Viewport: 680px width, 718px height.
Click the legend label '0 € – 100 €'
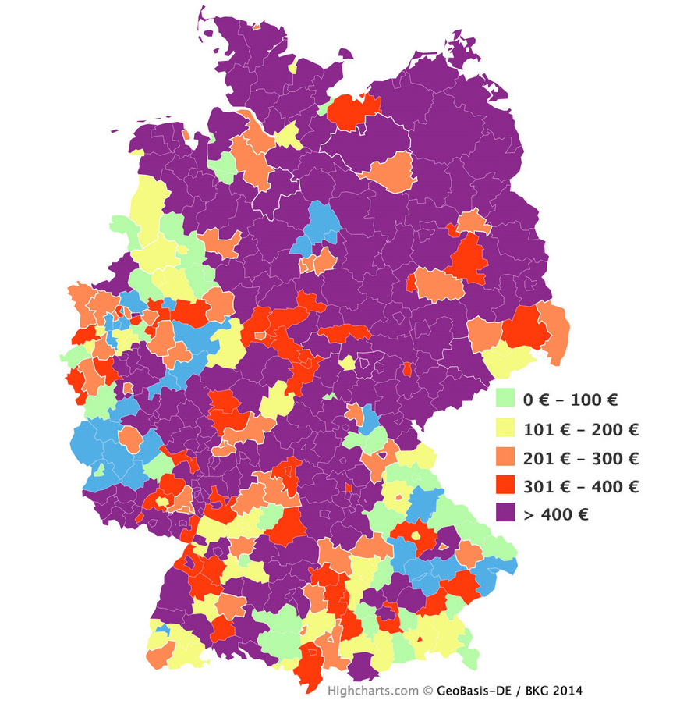coord(570,400)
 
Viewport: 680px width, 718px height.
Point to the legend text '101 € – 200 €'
coord(580,428)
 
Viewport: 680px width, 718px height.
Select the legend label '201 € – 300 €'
coord(580,457)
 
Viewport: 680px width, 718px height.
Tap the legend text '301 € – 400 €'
coord(580,486)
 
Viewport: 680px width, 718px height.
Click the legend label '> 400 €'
coord(555,514)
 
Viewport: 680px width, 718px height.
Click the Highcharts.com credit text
coord(373,691)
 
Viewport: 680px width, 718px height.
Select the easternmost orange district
coord(554,332)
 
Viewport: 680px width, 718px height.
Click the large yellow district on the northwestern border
coord(150,207)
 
